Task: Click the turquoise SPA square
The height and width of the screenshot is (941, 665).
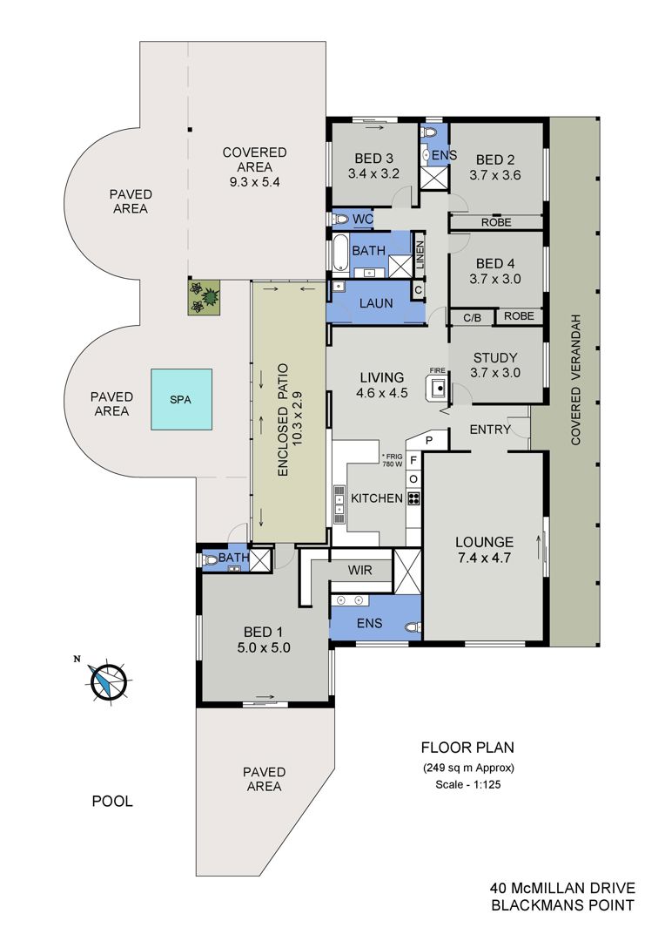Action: pos(181,399)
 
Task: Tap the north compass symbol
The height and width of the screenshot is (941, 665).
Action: pos(109,681)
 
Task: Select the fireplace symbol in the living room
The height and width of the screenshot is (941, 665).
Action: pos(438,388)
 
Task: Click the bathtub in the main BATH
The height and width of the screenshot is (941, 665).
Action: pos(339,254)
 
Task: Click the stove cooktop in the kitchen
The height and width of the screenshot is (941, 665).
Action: pos(413,498)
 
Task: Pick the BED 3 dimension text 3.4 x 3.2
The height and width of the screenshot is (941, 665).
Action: pos(373,174)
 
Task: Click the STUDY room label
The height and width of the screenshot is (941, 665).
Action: pos(495,358)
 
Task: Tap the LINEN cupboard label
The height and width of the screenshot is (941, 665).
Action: pos(420,254)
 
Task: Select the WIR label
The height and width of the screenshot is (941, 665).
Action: pos(359,570)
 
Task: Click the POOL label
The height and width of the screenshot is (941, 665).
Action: pos(112,802)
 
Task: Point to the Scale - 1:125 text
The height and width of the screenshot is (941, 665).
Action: pos(467,784)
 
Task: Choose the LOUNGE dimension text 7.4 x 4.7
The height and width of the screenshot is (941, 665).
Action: pos(485,558)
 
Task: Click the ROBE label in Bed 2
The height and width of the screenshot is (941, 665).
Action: pos(496,223)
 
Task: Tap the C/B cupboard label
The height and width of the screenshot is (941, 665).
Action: pos(472,317)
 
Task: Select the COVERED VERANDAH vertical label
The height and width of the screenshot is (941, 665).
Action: pos(576,379)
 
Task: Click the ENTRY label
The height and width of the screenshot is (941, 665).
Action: pos(490,430)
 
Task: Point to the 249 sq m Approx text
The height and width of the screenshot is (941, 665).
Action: pos(468,768)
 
